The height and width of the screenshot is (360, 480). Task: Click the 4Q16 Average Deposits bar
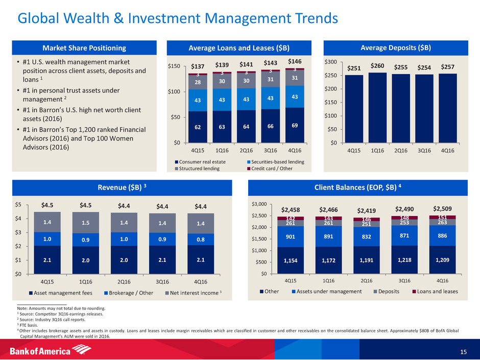coord(448,108)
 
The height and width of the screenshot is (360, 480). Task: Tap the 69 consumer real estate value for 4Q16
coord(295,125)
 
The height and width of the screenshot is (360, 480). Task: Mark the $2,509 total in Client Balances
coord(442,208)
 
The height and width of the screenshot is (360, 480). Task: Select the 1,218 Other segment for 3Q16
coord(404,260)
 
